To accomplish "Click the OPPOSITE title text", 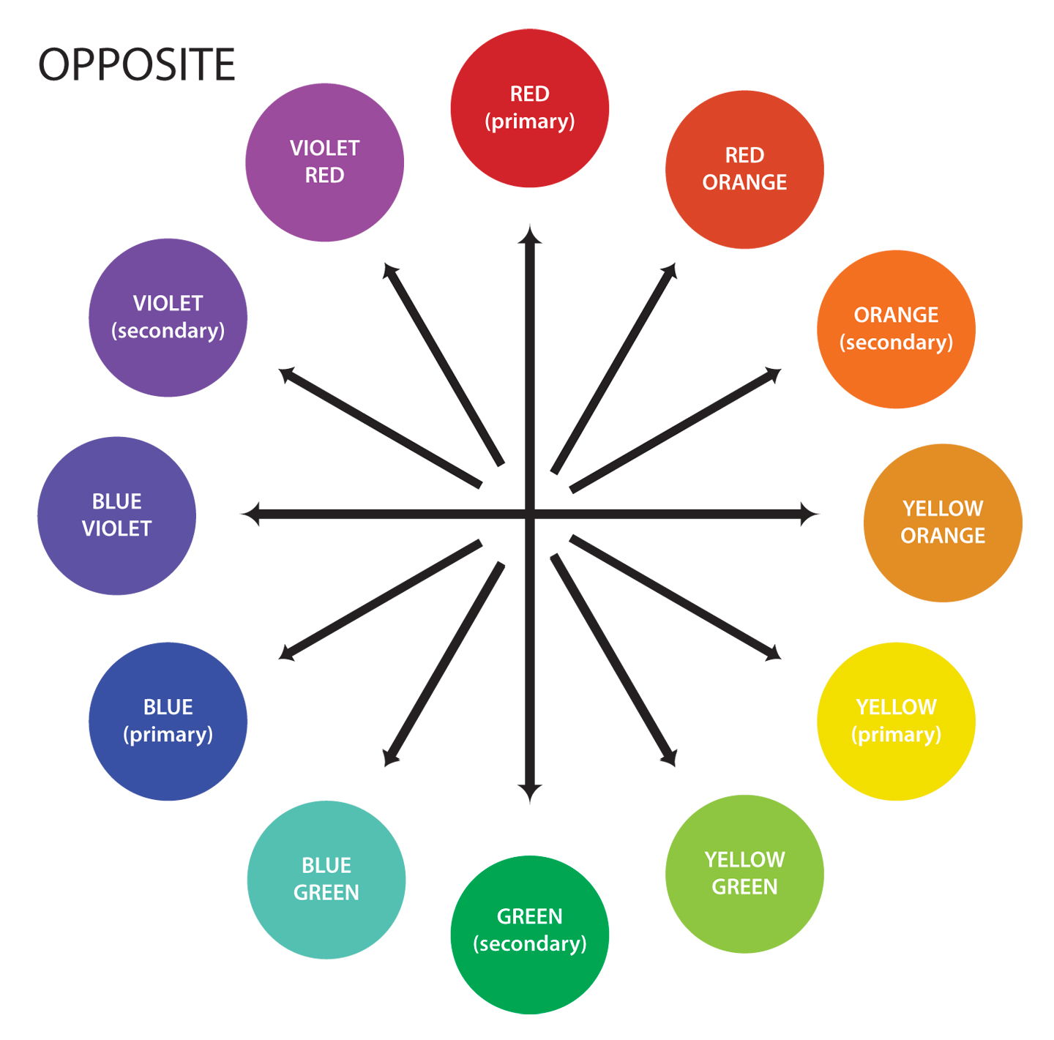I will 136,64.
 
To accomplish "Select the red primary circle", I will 529,108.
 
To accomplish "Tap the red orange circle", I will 744,169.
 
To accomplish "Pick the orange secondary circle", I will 896,329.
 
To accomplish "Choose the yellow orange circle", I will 943,523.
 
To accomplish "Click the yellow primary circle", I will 896,721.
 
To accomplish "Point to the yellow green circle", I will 744,874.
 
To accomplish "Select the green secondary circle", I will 529,935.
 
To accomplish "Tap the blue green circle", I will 326,880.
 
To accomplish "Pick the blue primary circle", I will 168,721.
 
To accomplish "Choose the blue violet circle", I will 116,515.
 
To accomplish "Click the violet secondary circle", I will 168,317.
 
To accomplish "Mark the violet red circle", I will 324,162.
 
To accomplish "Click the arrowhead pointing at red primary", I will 530,235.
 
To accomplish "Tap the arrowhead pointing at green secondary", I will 530,793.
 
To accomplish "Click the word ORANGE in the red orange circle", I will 744,182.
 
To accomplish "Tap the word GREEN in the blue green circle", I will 326,893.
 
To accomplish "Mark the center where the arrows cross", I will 530,514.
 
